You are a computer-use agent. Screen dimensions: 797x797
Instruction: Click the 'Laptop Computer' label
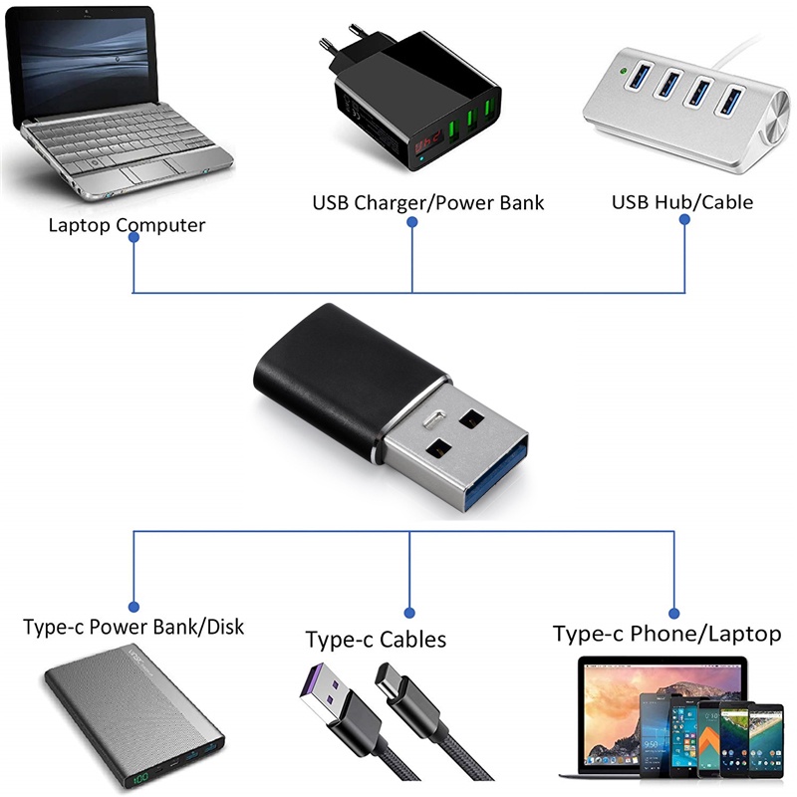(127, 225)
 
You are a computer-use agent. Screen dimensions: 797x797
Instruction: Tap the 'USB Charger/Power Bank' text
(428, 203)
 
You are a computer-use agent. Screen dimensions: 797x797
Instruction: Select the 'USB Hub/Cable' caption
(682, 202)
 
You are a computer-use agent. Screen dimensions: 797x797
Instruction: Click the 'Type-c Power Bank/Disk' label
(133, 628)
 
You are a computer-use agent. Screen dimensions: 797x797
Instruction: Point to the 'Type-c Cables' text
(376, 639)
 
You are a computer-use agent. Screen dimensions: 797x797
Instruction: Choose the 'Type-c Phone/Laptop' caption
(667, 634)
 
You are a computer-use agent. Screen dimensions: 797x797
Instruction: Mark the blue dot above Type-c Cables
(409, 610)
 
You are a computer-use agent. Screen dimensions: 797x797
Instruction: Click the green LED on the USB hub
(622, 71)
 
